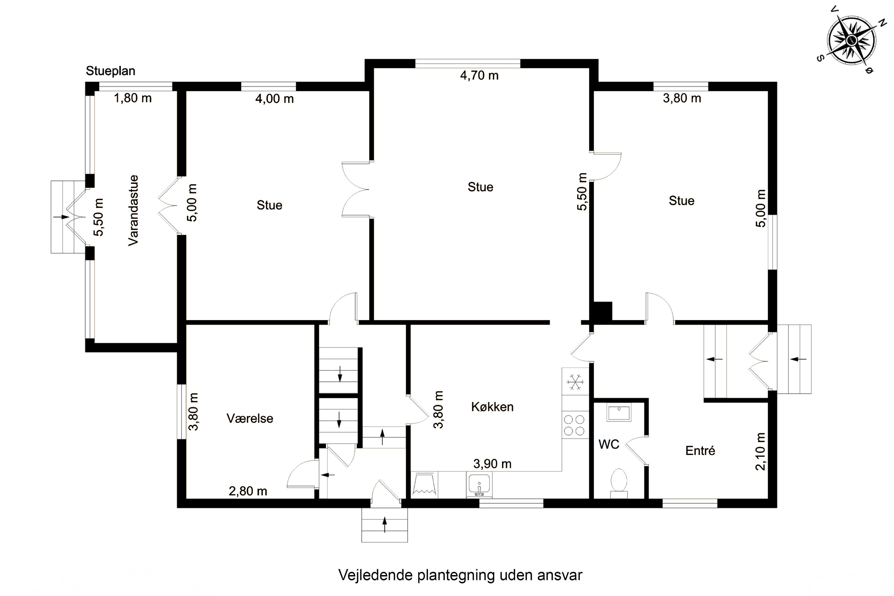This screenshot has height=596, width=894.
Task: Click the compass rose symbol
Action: [x=852, y=40]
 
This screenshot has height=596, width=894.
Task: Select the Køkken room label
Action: [x=492, y=407]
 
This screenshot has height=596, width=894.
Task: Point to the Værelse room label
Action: [x=250, y=418]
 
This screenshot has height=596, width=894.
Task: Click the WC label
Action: [x=609, y=444]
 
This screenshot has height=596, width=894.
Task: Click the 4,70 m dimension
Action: [x=479, y=76]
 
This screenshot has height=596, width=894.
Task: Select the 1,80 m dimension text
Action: [x=133, y=98]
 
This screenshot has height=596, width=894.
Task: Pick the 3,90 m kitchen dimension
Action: [x=492, y=464]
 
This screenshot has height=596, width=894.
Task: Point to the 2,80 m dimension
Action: [x=248, y=491]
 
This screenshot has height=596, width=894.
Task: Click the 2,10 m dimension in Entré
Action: [x=760, y=451]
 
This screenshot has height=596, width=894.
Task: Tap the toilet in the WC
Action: [x=619, y=483]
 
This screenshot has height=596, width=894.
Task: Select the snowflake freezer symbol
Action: [x=575, y=382]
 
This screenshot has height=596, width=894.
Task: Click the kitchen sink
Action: [x=479, y=484]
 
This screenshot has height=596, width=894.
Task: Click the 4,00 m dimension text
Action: [x=274, y=99]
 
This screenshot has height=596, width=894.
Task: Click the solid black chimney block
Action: [x=603, y=311]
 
